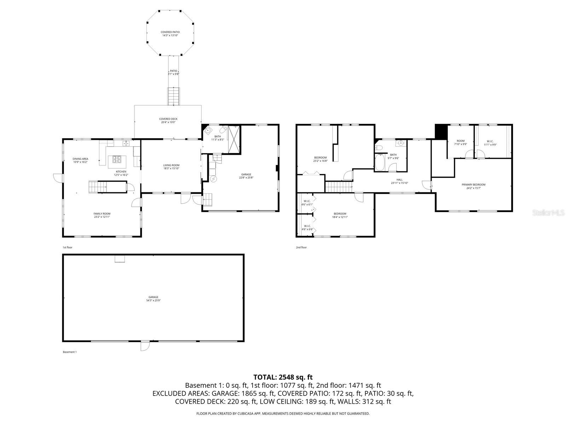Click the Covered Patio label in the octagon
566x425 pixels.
click(170, 34)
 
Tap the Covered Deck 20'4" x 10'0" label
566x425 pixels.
click(168, 120)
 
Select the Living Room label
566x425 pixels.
click(171, 167)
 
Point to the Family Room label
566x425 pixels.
click(102, 215)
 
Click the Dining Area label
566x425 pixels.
click(80, 160)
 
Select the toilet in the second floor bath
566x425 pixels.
click(379, 147)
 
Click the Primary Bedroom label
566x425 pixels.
click(473, 186)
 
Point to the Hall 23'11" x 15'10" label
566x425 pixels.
click(399, 181)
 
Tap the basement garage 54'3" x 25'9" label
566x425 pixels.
click(153, 299)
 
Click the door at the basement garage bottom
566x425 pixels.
click(145, 346)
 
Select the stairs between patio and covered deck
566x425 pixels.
click(173, 96)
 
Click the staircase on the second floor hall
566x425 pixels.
click(339, 187)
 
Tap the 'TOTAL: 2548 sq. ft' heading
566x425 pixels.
click(283, 377)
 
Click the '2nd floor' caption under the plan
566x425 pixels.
click(301, 247)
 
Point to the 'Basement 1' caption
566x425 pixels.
click(70, 352)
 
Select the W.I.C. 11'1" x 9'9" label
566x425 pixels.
click(490, 143)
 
